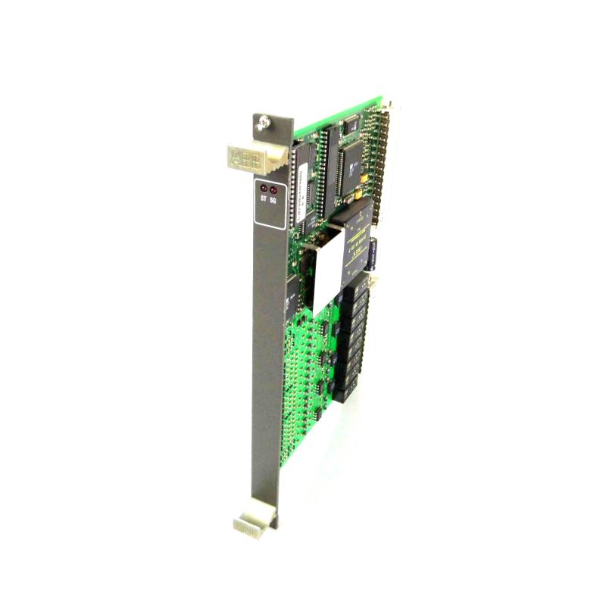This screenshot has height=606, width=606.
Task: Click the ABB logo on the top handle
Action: click(242, 158)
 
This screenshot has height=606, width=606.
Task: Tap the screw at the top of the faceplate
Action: click(263, 120)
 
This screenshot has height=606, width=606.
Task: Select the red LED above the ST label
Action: click(263, 189)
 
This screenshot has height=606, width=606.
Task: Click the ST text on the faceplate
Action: click(263, 200)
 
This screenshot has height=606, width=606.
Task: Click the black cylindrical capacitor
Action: click(374, 254)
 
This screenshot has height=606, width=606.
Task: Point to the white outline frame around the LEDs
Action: click(269, 204)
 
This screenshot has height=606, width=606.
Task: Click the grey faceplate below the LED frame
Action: click(266, 341)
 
